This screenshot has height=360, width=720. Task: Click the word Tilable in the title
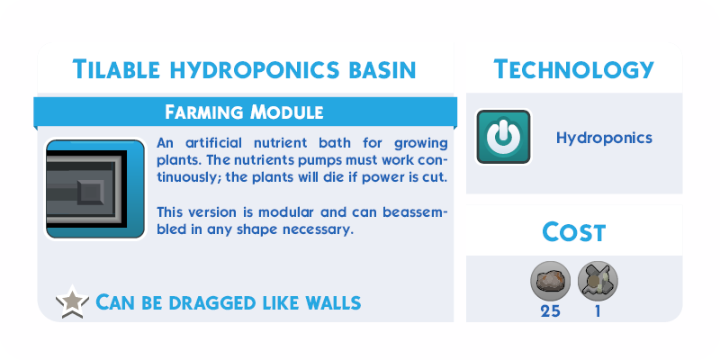coord(116,69)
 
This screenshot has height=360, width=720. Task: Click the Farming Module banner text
coord(244,112)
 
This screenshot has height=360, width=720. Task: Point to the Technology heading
coord(573,69)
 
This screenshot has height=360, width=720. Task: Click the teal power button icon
coord(503,137)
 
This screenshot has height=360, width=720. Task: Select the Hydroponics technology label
coord(604,138)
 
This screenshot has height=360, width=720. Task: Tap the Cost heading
coord(574,232)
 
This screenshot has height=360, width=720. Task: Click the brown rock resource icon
coord(550,281)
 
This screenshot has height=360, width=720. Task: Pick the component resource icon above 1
coord(598,281)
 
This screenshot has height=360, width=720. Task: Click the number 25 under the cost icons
coord(550,311)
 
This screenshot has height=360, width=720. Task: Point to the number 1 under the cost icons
coord(598,311)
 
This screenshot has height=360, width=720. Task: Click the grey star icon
coord(72,302)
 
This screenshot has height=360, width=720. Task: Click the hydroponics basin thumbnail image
coord(95,189)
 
